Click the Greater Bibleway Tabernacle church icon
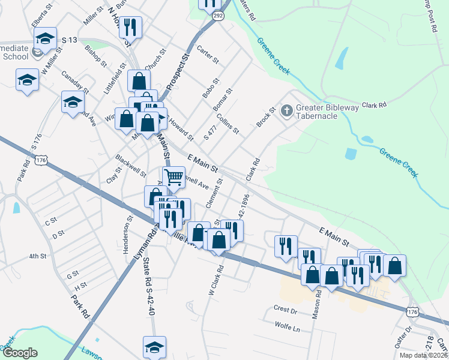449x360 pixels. click(287, 110)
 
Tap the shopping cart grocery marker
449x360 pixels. click(173, 177)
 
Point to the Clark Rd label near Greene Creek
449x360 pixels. click(374, 105)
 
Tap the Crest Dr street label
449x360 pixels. click(286, 310)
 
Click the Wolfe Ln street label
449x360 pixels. click(287, 328)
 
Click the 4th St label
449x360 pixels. click(38, 256)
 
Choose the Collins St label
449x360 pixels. click(228, 123)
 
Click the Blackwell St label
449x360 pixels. click(130, 166)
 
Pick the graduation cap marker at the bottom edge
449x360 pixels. click(154, 347)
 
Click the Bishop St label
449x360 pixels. click(96, 55)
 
